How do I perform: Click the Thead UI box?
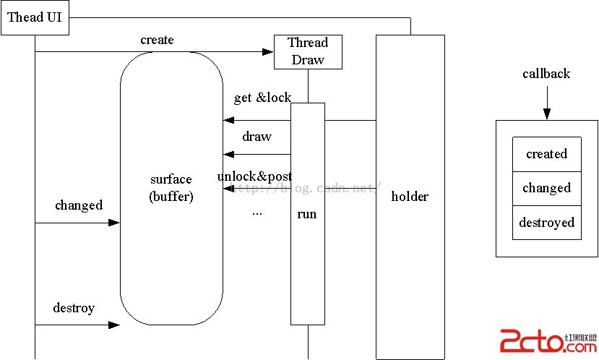pos(35,17)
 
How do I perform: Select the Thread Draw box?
pos(309,51)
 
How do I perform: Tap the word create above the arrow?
pos(157,40)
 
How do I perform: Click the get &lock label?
pos(262,98)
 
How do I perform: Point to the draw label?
pos(257,137)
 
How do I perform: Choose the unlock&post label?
pos(254,176)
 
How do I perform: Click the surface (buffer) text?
pos(171,187)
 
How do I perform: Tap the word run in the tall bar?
pos(307,214)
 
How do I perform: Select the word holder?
pos(410,196)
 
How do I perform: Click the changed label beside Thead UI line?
pos(79,205)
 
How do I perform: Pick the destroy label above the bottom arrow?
pos(74,308)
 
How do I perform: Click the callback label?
pos(546,74)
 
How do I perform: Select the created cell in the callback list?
pos(546,154)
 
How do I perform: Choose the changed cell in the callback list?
pos(546,188)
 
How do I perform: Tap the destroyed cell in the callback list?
pos(546,222)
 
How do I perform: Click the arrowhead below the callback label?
pos(547,113)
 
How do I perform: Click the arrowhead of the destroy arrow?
pos(114,325)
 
